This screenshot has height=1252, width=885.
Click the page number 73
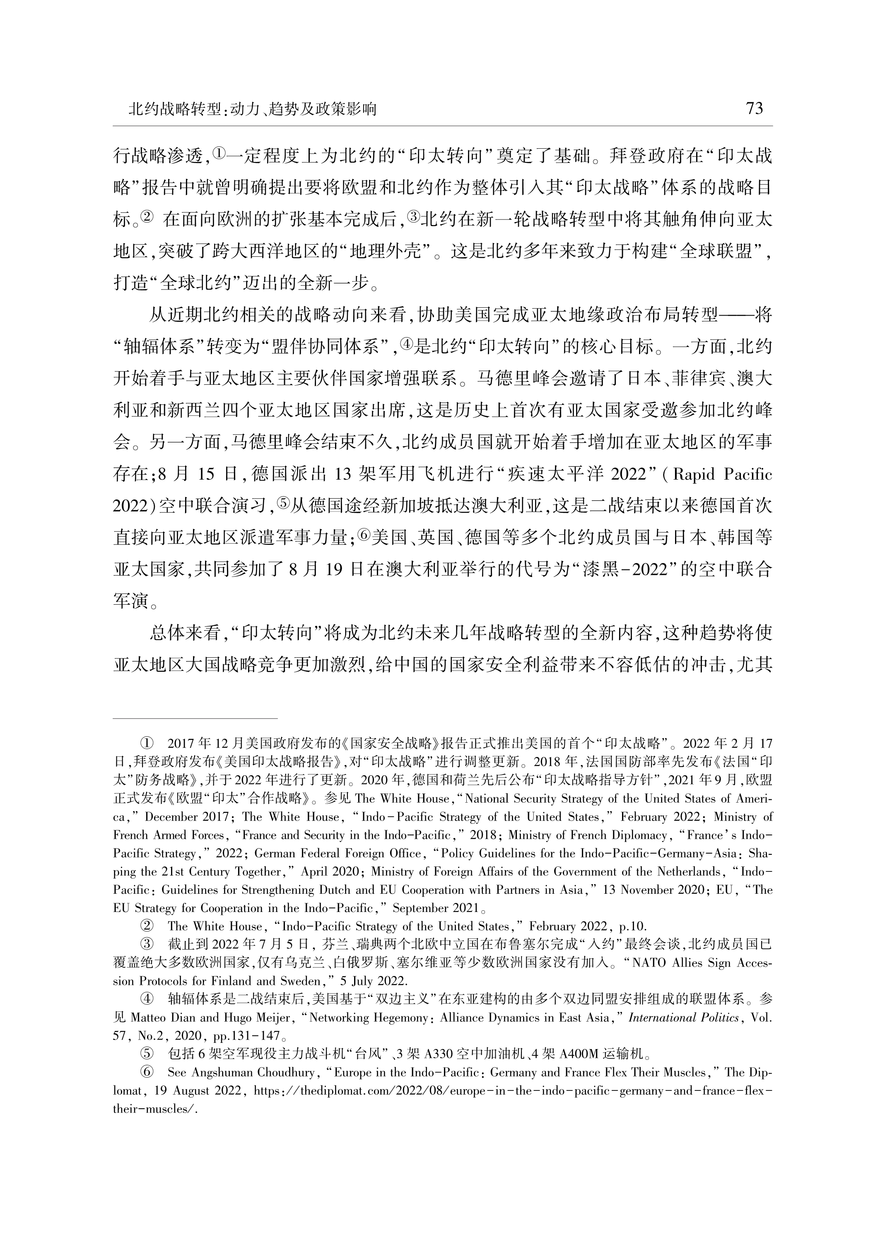(754, 109)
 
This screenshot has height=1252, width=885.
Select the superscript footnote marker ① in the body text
(217, 154)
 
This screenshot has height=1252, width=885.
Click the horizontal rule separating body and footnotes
(195, 719)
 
